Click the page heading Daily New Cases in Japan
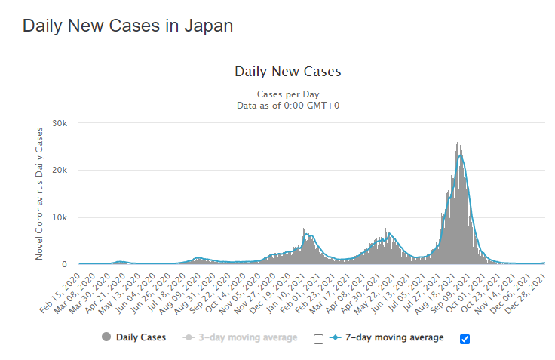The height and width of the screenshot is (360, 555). pos(127,25)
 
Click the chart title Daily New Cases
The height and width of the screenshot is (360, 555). pos(288,72)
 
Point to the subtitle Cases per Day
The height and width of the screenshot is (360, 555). pos(288,94)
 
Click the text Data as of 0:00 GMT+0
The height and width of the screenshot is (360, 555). pos(288,105)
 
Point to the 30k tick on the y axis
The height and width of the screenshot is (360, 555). pos(59,123)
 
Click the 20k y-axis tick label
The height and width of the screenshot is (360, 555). pos(59,171)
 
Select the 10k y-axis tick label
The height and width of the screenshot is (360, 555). pos(59,217)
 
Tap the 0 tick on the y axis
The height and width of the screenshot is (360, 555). pos(65,265)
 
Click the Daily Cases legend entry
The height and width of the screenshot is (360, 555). pos(141,337)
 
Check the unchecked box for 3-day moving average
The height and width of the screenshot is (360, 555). pos(317,339)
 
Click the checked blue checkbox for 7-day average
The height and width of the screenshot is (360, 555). pos(465,339)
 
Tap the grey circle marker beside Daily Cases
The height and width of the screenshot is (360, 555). pos(106,337)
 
